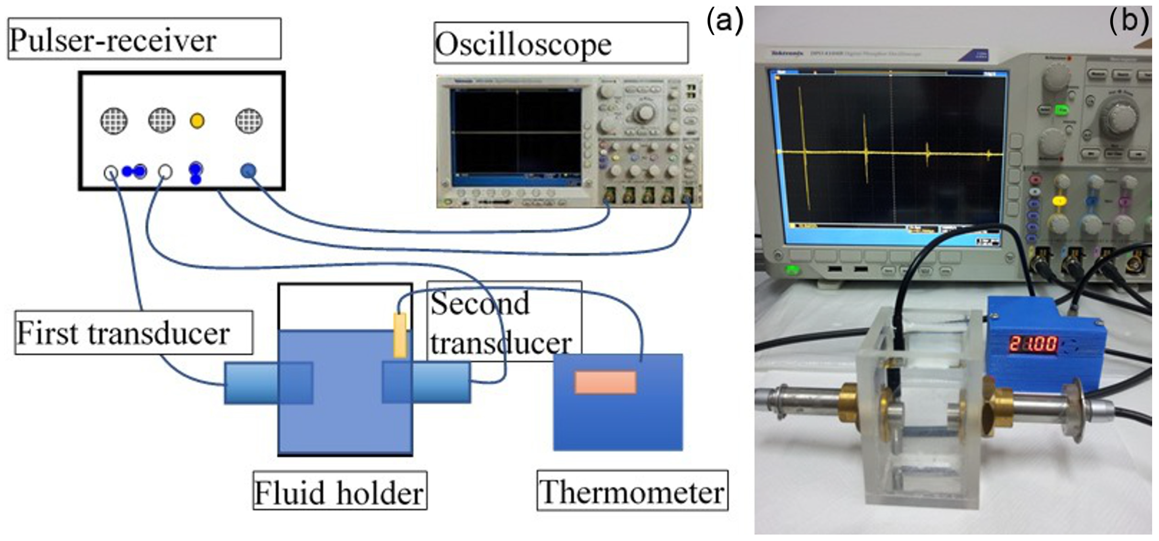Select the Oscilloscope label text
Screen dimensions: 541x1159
(523, 44)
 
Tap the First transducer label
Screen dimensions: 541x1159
(123, 333)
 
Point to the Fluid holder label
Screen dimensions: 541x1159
(339, 493)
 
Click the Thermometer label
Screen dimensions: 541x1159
(632, 491)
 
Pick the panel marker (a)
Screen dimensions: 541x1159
(725, 21)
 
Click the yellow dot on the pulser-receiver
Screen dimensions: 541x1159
(197, 121)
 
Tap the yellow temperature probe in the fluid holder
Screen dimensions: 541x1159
(399, 335)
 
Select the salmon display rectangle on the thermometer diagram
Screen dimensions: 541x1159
(606, 382)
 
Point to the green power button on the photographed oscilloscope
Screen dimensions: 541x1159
(792, 270)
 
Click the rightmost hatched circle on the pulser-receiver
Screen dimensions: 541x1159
(249, 121)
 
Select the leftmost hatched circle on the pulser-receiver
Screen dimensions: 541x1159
(113, 121)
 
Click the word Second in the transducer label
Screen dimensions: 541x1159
(480, 304)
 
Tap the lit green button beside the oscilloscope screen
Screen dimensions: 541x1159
(1062, 109)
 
